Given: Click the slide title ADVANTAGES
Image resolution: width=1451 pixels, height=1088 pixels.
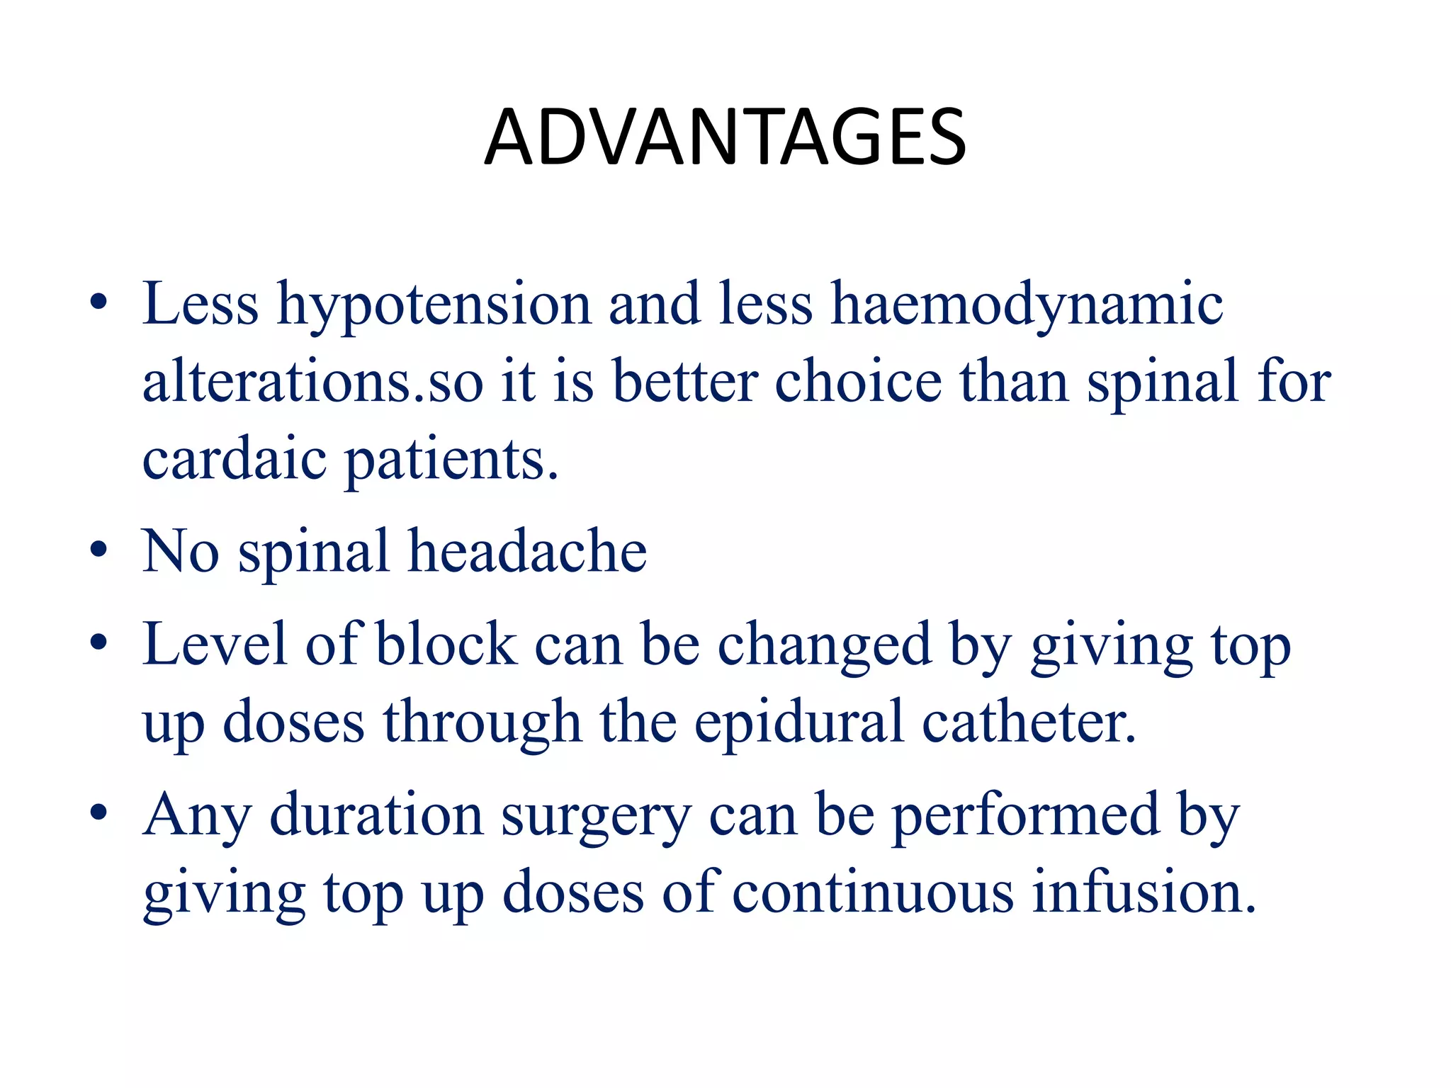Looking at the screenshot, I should pyautogui.click(x=725, y=137).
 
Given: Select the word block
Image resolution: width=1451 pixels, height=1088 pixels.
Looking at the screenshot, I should pyautogui.click(x=446, y=644).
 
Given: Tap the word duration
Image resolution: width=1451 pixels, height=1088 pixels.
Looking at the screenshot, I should pyautogui.click(x=376, y=815).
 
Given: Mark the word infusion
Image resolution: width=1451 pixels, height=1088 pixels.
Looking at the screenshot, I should pyautogui.click(x=1144, y=892).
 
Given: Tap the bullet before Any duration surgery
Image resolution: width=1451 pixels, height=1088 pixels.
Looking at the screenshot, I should pyautogui.click(x=99, y=813).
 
